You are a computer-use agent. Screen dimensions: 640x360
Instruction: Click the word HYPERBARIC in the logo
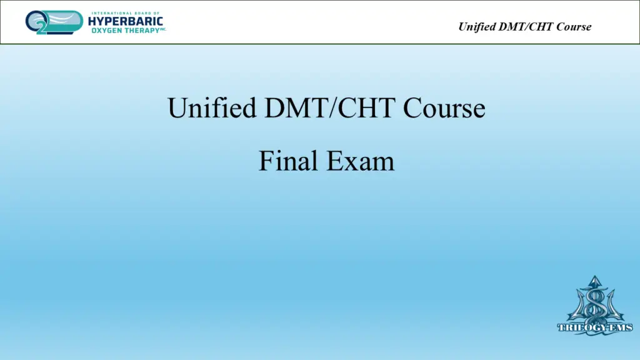click(x=125, y=21)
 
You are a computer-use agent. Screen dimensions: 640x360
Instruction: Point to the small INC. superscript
click(x=163, y=29)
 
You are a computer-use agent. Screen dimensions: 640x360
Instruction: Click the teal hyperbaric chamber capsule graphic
click(x=61, y=21)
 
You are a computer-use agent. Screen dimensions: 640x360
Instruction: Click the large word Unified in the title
click(x=212, y=107)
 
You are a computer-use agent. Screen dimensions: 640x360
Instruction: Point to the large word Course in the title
click(x=444, y=107)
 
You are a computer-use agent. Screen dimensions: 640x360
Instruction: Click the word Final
click(x=288, y=161)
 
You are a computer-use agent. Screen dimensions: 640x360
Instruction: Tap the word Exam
click(x=361, y=161)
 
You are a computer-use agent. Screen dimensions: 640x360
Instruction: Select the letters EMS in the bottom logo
click(x=621, y=327)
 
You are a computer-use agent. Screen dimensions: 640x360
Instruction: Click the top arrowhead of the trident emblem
click(x=595, y=280)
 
